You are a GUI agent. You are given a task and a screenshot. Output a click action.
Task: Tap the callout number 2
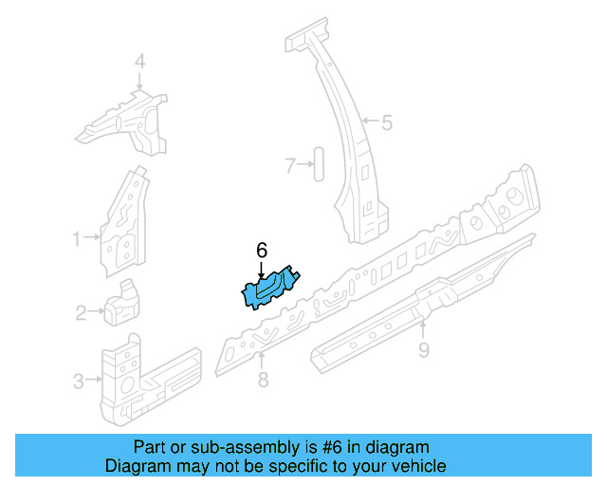81,310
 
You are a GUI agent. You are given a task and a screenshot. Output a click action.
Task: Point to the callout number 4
139,63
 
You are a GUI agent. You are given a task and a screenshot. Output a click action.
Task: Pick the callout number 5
387,121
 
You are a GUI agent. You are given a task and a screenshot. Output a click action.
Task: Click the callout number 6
262,251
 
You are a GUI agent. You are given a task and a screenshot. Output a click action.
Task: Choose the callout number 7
290,165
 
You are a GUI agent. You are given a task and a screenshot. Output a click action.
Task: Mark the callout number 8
263,381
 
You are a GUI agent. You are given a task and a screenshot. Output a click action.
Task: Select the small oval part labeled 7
319,164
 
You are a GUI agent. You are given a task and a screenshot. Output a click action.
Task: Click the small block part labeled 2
120,304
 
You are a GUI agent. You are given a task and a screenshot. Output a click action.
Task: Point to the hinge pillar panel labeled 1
124,223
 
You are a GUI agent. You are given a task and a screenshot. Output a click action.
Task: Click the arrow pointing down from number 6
262,269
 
